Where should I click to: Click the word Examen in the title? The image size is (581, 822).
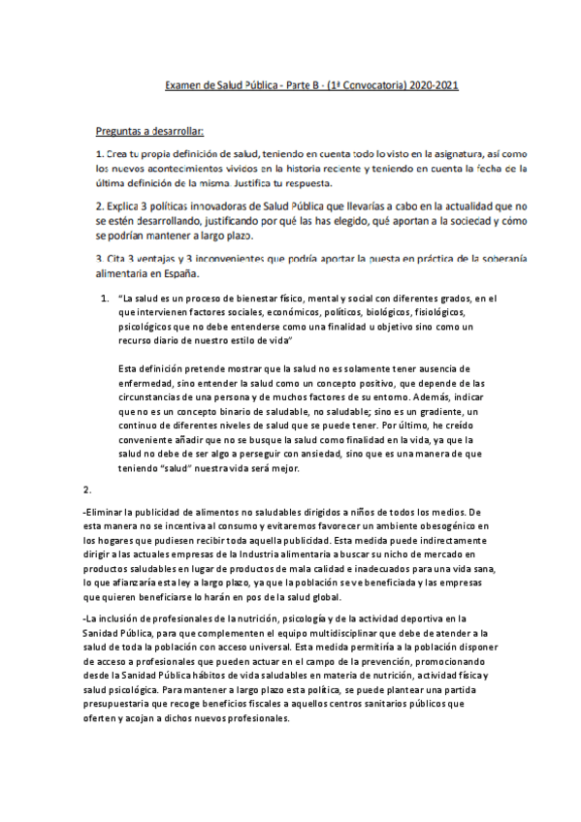click(183, 85)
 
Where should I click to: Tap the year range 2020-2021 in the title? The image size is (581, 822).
click(431, 85)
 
